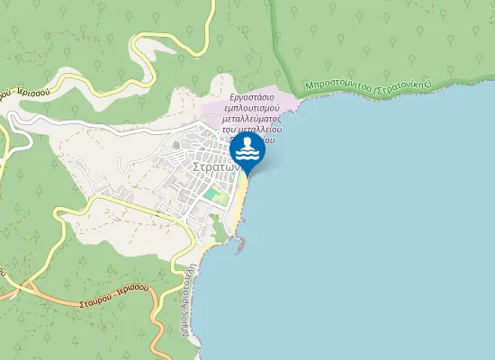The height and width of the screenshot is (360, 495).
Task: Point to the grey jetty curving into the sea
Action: [x=239, y=240]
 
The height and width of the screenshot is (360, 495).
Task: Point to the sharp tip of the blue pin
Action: [x=247, y=173]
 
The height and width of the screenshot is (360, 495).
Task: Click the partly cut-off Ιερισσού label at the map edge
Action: [x=22, y=92]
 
